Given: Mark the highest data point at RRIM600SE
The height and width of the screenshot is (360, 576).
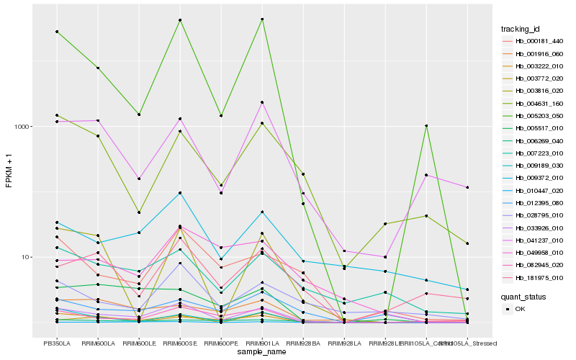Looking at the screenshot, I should click(x=180, y=20).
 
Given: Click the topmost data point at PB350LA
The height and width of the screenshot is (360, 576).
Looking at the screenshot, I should click(x=57, y=32).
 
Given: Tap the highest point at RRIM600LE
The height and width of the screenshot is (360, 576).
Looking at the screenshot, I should click(x=139, y=114).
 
